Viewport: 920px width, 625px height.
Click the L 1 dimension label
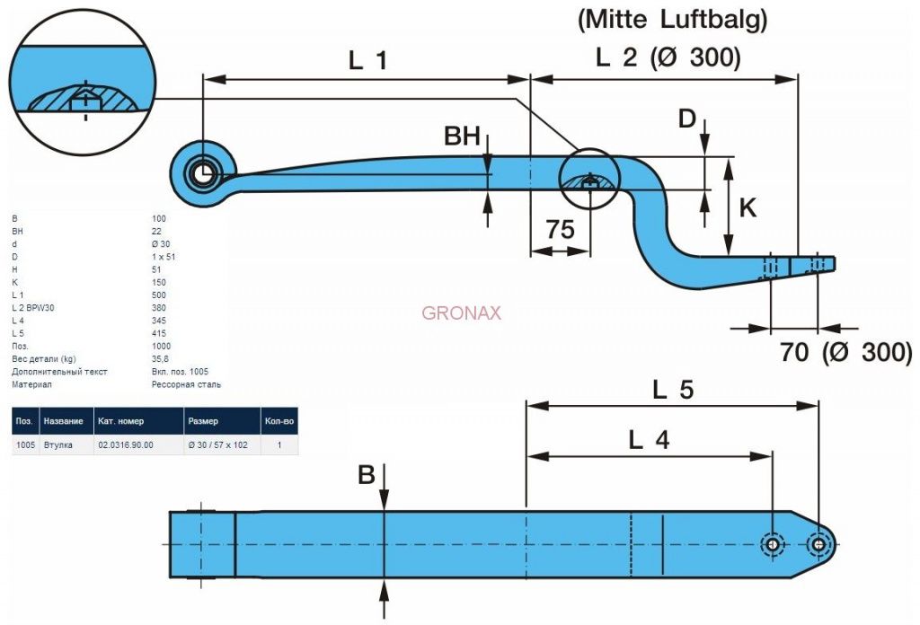pos(368,60)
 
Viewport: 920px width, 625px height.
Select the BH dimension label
pos(463,136)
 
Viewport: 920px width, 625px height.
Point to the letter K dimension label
pos(747,208)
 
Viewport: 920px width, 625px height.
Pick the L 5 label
pos(673,389)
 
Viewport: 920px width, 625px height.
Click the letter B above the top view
pos(367,475)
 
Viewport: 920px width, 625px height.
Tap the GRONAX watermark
pos(461,313)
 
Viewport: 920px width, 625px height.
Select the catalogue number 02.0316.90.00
pos(125,445)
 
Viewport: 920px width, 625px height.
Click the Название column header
pos(63,421)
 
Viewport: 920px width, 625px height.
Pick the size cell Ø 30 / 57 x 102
pos(217,445)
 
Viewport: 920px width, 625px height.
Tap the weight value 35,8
pos(162,358)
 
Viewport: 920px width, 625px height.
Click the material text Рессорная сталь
pos(186,384)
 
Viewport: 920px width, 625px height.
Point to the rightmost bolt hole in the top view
pos(818,544)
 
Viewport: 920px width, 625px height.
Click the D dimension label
pos(686,118)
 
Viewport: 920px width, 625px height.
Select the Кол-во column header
pos(279,421)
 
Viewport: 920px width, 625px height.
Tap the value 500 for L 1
pos(160,295)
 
